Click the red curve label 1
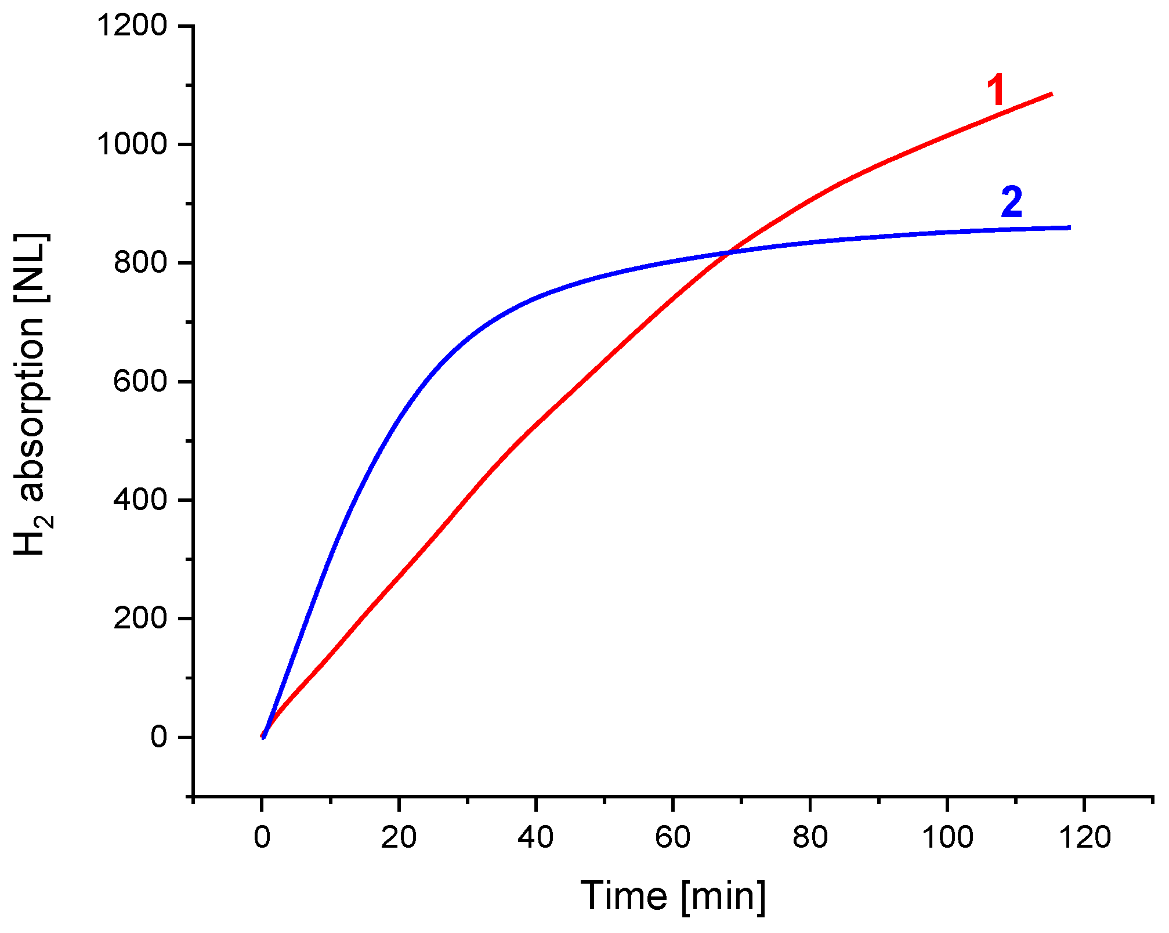click(996, 92)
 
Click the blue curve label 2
click(1012, 203)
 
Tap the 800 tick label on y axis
click(140, 263)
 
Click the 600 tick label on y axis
click(140, 382)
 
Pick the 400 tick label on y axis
click(140, 500)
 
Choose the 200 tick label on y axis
click(140, 619)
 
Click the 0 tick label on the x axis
click(262, 838)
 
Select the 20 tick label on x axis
click(399, 838)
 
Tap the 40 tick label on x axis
click(536, 838)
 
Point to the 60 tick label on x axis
click(673, 838)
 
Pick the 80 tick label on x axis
click(810, 838)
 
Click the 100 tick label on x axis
click(947, 838)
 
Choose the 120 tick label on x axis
click(1084, 838)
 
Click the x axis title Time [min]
click(673, 896)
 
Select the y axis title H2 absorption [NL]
click(32, 395)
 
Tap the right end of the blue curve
click(1069, 227)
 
